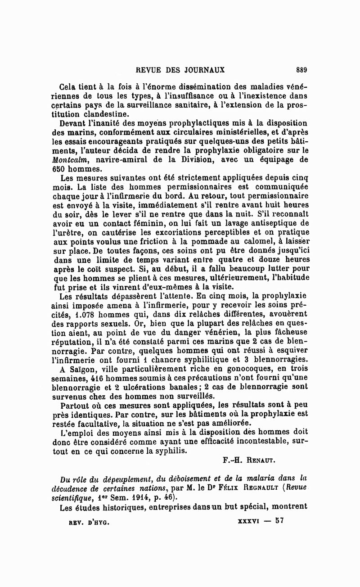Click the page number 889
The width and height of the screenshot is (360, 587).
(301, 70)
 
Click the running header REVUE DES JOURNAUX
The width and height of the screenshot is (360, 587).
(180, 70)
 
